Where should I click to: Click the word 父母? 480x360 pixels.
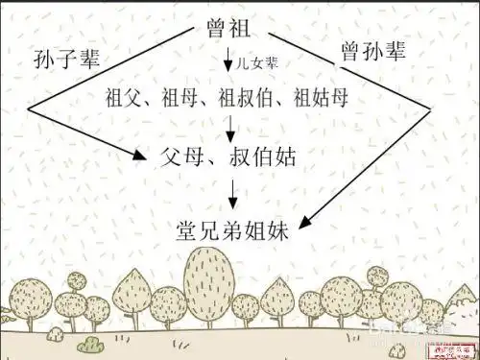coord(189,155)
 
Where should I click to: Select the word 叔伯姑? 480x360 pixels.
coord(265,155)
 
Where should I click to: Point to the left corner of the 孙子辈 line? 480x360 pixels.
coord(28,110)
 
